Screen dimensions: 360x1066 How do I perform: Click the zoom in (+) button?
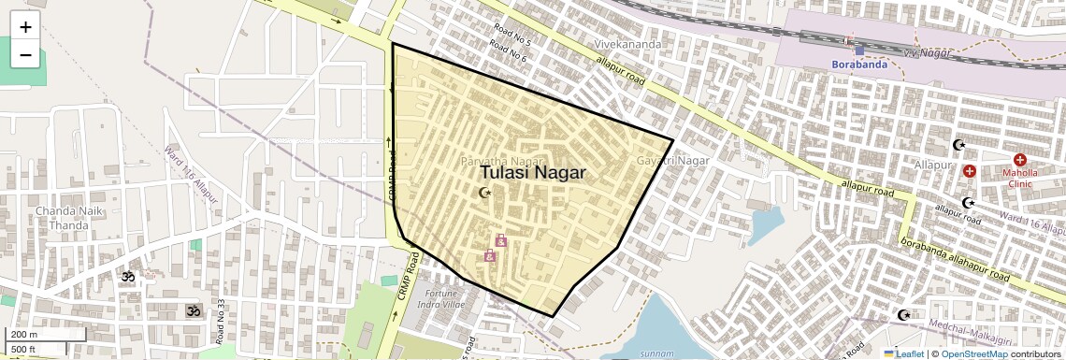click(x=25, y=27)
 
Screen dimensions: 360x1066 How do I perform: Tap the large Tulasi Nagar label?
click(x=533, y=173)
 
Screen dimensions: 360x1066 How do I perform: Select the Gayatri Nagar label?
click(x=672, y=161)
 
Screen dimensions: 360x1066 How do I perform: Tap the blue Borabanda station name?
click(x=858, y=65)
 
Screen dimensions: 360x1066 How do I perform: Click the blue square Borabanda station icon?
click(x=859, y=50)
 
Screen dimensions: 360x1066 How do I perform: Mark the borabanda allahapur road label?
click(x=955, y=259)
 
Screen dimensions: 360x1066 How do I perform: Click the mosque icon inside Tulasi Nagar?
click(x=484, y=193)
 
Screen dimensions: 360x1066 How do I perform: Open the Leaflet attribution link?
click(x=903, y=353)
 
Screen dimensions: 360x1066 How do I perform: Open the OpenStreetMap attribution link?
click(x=973, y=353)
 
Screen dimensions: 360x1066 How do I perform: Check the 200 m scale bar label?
click(x=25, y=335)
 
